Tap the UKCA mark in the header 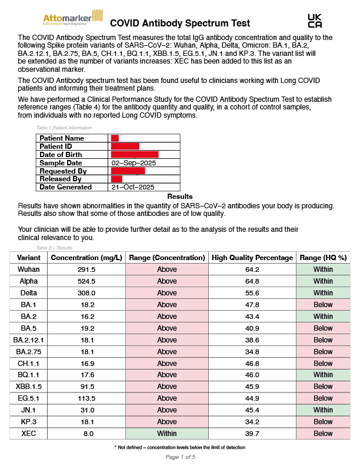[315, 21]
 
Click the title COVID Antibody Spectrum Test [180, 24]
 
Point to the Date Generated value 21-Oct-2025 [132, 187]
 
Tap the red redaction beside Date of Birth [135, 155]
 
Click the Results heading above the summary [180, 197]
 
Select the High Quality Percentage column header [252, 258]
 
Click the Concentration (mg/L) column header [87, 258]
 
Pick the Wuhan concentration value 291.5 [87, 269]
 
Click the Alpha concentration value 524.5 [87, 281]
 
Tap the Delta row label [29, 293]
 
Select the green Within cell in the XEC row [167, 434]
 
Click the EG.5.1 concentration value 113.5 [87, 398]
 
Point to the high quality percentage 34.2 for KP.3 [252, 422]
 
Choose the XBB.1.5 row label [29, 387]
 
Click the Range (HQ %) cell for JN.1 [323, 410]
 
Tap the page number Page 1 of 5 [180, 457]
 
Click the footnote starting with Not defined [180, 448]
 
